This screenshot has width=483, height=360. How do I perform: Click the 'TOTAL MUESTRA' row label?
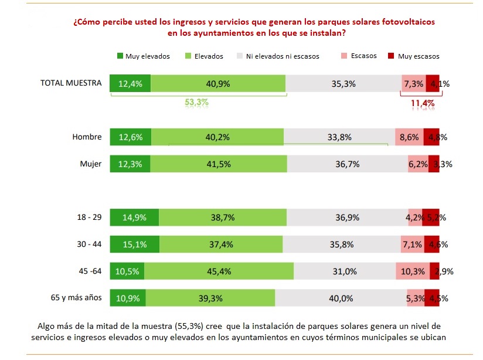pos(70,83)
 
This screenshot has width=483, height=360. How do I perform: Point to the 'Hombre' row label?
pos(87,137)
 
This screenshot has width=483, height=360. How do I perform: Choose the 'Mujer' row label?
pos(90,164)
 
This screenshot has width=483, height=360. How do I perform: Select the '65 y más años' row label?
pos(76,297)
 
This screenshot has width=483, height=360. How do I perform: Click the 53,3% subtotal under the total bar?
pos(196,102)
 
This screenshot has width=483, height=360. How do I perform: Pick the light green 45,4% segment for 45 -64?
pos(219,271)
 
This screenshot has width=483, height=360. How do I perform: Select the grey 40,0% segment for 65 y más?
pos(341,298)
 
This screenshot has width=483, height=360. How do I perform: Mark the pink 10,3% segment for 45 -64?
pos(413,271)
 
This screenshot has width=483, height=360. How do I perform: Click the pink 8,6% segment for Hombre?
pos(409,137)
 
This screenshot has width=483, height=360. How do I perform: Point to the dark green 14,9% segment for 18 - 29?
pos(134,217)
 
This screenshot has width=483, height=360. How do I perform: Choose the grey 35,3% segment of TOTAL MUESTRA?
pos(343,84)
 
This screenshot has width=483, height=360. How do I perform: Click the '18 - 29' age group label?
pos(89,217)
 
